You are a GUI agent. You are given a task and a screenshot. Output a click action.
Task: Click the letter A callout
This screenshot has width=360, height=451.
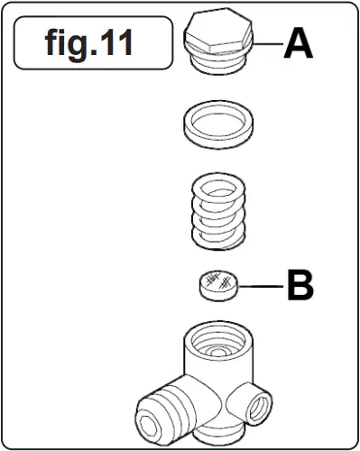coord(299,43)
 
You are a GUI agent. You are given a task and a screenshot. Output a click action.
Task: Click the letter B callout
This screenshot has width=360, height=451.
coord(300,288)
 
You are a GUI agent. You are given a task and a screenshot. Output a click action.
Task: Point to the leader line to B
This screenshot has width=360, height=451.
coord(263,288)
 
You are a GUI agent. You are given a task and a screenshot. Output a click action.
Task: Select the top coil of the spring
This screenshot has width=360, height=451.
coord(219,189)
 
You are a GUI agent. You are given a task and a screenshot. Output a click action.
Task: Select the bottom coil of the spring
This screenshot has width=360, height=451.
coord(219,236)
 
